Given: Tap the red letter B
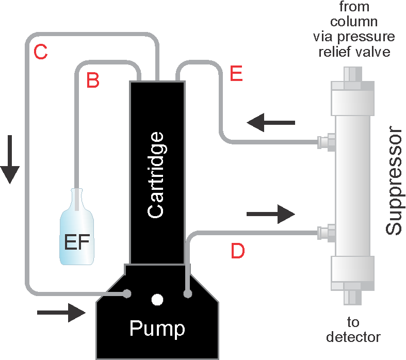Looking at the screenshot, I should (x=93, y=80).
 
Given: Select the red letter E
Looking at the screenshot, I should (x=236, y=74).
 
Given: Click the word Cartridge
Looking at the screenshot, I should (x=156, y=174).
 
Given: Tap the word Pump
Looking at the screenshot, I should (x=157, y=328).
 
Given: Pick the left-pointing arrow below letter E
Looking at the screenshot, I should (x=270, y=123).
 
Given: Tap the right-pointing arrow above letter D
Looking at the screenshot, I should (x=271, y=214).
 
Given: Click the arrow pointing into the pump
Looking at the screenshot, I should (x=61, y=312).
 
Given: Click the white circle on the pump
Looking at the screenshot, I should (x=157, y=299).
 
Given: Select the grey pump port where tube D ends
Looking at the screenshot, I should (x=188, y=293).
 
